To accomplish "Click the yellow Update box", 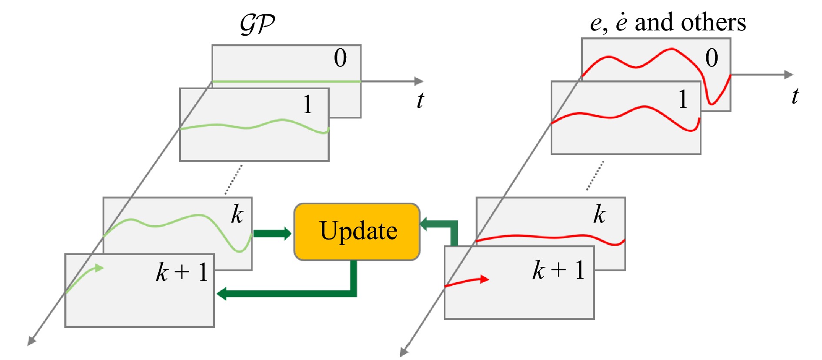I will tap(357, 231).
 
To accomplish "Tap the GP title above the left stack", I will tap(257, 24).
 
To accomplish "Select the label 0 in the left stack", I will tap(340, 58).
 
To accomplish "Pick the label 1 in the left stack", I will tap(307, 104).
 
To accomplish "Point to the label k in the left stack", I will tap(237, 214).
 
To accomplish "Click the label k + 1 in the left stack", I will tap(182, 273).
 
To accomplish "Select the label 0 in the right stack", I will tap(712, 58).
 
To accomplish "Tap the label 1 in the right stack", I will tap(683, 100).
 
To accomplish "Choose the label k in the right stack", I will tap(599, 214).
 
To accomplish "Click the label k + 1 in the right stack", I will tap(558, 270).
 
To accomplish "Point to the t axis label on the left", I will tap(420, 100).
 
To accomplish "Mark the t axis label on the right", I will tap(795, 96).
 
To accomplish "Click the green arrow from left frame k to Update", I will tap(272, 233).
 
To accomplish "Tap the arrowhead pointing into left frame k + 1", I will tap(222, 293).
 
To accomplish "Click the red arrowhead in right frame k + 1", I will tap(484, 279).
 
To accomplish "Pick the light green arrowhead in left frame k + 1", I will tap(100, 268).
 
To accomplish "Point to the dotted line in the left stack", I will tap(234, 179).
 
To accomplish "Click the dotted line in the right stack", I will tap(595, 176).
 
